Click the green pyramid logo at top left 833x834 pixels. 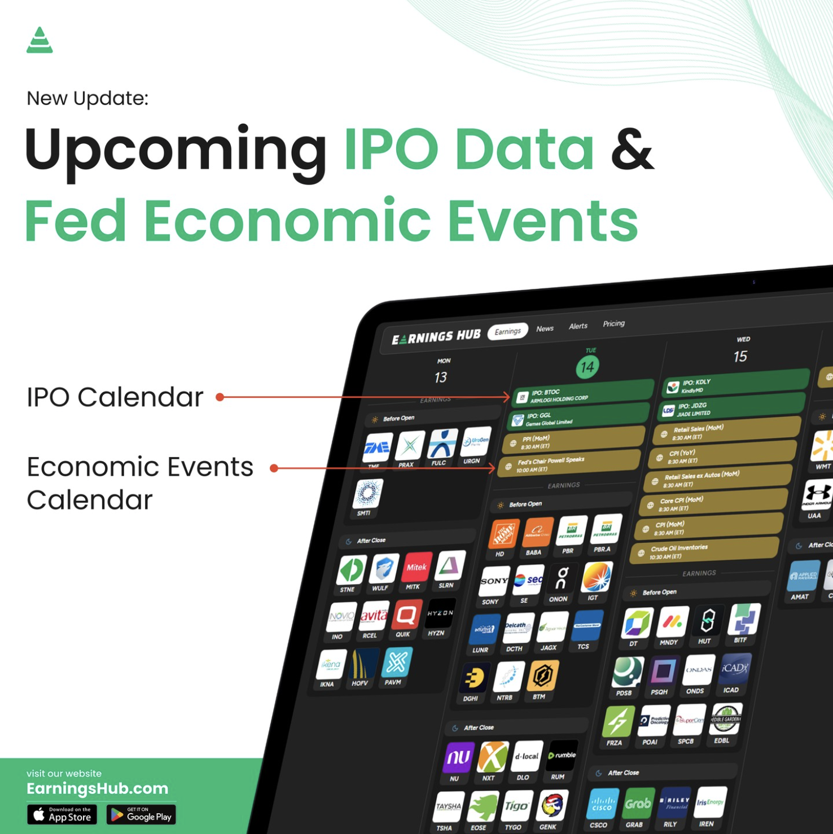point(40,41)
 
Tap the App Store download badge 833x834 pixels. point(62,814)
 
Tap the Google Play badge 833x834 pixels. point(141,814)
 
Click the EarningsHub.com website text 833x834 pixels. point(97,788)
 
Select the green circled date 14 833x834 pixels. point(587,367)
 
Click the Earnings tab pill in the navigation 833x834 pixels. point(507,331)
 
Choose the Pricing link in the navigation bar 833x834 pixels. point(613,323)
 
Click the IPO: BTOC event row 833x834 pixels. point(581,394)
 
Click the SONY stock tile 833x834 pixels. point(494,582)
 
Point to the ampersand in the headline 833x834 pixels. point(632,150)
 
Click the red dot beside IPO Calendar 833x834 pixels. point(220,397)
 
